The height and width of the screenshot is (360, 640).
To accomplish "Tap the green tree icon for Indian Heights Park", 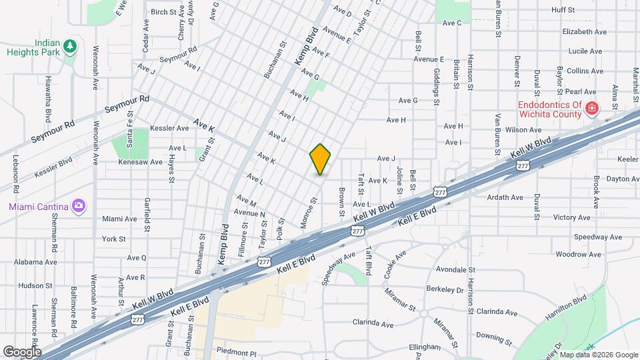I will pyautogui.click(x=70, y=47).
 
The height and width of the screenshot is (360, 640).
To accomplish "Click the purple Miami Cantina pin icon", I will pyautogui.click(x=79, y=205).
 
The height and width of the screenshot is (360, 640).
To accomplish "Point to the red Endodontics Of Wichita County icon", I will pyautogui.click(x=591, y=109).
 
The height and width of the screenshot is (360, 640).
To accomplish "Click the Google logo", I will pyautogui.click(x=22, y=351).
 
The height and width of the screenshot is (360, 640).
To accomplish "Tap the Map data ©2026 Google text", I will pyautogui.click(x=598, y=355).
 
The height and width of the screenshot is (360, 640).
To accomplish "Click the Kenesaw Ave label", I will pyautogui.click(x=137, y=162).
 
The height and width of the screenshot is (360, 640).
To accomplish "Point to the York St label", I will pyautogui.click(x=114, y=239).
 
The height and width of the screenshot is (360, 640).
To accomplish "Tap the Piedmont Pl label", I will pyautogui.click(x=236, y=351).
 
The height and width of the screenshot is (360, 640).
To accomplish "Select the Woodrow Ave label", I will pyautogui.click(x=571, y=255).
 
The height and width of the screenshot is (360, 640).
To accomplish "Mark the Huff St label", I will pyautogui.click(x=563, y=10).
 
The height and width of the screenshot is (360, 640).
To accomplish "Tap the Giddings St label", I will pyautogui.click(x=437, y=87).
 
